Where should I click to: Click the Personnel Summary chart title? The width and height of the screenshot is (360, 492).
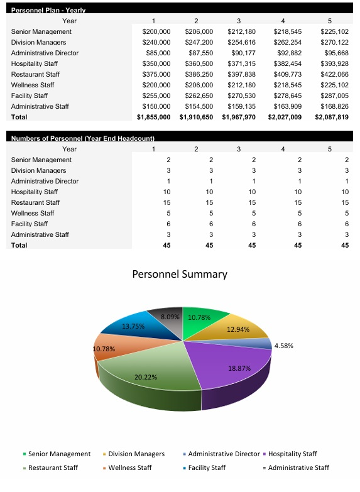click(180, 274)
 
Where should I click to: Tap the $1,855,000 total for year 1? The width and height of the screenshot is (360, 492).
click(153, 117)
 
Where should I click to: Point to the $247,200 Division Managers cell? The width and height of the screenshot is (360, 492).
click(199, 42)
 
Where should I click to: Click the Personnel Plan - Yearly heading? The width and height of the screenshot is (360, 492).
click(48, 11)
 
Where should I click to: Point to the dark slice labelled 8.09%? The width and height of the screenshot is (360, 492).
click(170, 317)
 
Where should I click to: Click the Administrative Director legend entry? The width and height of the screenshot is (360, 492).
click(223, 454)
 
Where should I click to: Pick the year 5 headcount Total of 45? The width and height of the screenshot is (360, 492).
click(344, 245)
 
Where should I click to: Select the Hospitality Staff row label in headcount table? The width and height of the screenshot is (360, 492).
click(35, 192)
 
